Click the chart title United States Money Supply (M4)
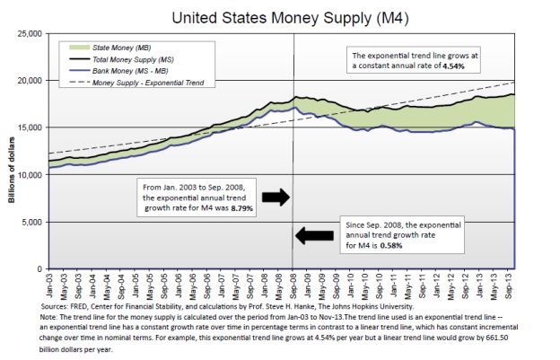pyautogui.click(x=280, y=15)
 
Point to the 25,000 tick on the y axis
pyautogui.click(x=30, y=33)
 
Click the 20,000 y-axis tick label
pyautogui.click(x=30, y=81)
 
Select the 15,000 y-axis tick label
pyautogui.click(x=30, y=127)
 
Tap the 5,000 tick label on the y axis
pyautogui.click(x=32, y=222)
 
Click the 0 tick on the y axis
pyautogui.click(x=39, y=269)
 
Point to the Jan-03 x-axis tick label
pyautogui.click(x=50, y=285)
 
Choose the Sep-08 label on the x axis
pyautogui.click(x=294, y=285)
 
